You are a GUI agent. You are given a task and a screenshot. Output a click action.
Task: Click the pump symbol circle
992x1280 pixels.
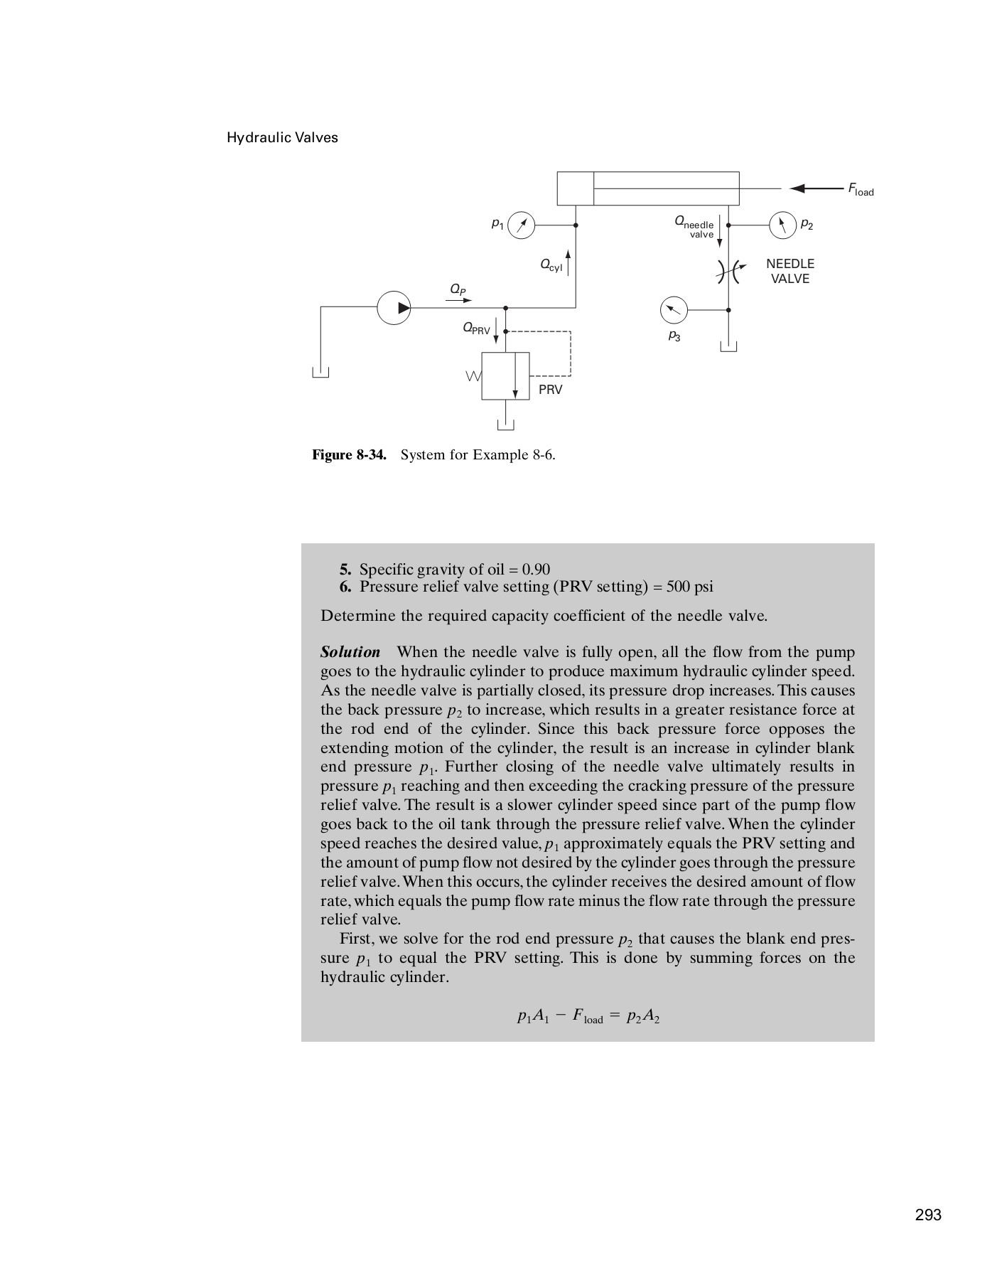[394, 308]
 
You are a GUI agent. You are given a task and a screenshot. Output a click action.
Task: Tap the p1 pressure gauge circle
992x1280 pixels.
[522, 225]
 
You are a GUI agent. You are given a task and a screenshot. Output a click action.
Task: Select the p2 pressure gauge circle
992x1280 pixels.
[782, 225]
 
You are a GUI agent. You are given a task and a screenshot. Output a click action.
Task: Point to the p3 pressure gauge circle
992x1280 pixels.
[674, 310]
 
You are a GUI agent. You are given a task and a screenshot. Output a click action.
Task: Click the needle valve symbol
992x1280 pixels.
[728, 271]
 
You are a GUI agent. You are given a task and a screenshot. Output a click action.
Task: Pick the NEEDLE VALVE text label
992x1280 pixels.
[790, 271]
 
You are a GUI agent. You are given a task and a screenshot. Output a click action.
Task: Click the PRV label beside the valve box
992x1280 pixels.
[550, 390]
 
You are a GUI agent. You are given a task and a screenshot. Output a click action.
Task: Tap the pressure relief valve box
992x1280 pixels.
[505, 375]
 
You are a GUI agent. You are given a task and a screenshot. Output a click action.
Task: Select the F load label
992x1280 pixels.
[860, 189]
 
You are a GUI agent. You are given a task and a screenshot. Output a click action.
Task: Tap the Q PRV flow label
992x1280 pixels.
[476, 329]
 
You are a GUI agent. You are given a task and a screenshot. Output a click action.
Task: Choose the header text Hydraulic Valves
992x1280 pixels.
[282, 138]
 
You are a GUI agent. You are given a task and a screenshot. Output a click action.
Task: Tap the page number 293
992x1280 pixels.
[928, 1215]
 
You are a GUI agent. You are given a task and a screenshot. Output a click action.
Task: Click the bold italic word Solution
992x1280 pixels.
[350, 652]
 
